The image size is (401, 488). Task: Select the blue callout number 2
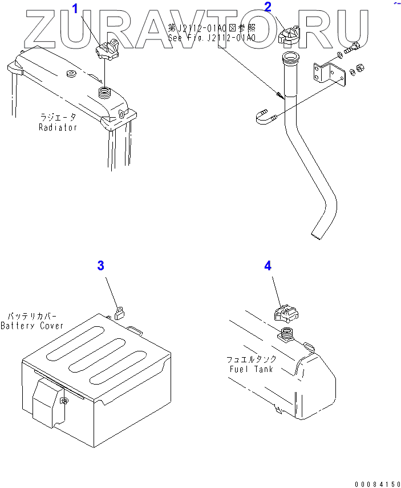(x=268, y=7)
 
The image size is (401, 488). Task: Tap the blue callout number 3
(x=100, y=265)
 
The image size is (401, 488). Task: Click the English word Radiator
(x=58, y=127)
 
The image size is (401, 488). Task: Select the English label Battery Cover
(x=32, y=326)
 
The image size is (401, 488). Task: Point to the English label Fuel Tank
(x=251, y=369)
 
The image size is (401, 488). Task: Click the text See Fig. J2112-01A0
(x=212, y=38)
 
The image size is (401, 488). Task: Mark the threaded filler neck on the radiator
(x=106, y=91)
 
